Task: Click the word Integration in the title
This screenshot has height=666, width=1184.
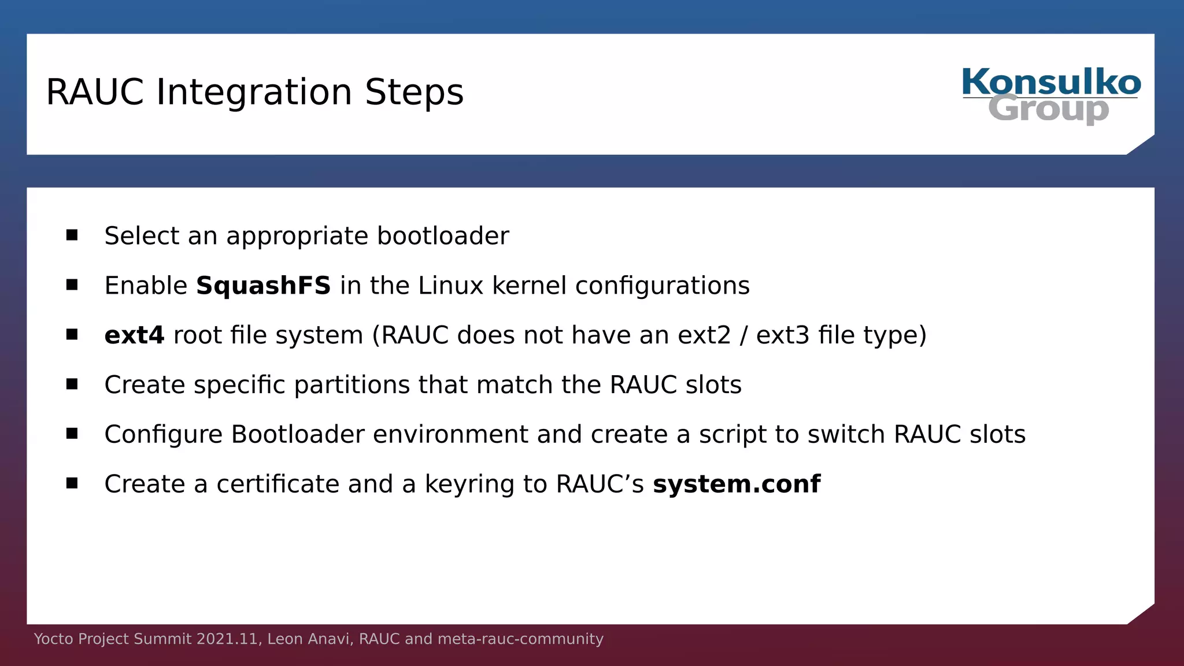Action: pos(254,92)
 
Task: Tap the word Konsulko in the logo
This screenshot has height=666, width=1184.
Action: pos(1051,83)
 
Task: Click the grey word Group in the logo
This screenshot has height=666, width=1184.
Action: pos(1048,109)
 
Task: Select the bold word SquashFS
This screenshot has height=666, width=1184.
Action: pos(263,286)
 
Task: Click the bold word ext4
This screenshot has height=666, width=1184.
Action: pos(134,335)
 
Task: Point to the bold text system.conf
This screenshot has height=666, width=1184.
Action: pos(736,484)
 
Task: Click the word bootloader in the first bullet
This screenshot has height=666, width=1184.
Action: pos(443,236)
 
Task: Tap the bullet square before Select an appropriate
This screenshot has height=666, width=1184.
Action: pos(72,235)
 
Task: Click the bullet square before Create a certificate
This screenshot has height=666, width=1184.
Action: pos(72,483)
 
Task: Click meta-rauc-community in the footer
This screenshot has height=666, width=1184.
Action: pos(520,639)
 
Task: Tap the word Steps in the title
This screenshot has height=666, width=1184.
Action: pos(414,92)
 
